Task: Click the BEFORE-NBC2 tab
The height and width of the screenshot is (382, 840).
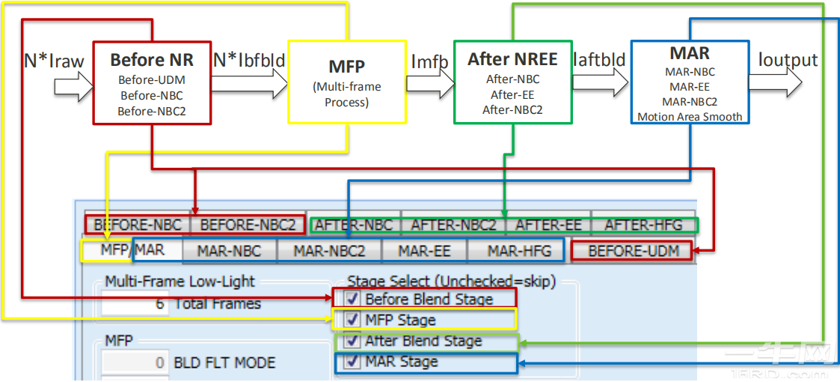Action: tap(248, 224)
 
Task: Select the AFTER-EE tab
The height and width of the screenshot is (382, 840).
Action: tap(548, 224)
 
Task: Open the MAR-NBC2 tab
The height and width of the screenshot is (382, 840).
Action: tap(329, 251)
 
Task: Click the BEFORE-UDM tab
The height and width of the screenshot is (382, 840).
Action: tap(634, 251)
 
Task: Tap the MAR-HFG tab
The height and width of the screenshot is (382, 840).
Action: tap(518, 251)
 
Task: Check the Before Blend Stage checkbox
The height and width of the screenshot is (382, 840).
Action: tap(352, 300)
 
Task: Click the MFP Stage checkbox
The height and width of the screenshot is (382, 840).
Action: tap(352, 320)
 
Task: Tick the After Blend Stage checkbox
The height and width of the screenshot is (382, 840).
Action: tap(352, 341)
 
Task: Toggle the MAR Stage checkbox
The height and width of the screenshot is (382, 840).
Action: tap(352, 362)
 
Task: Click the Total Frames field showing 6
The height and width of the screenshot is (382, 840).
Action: tap(135, 303)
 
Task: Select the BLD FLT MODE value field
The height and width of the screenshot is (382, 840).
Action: tap(135, 363)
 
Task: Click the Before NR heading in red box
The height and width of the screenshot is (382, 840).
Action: tap(152, 60)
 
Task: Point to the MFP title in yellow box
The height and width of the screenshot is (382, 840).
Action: tap(346, 67)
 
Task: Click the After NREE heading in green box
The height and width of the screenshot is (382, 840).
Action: tap(512, 58)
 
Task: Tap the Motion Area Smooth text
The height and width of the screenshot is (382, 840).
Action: tap(690, 116)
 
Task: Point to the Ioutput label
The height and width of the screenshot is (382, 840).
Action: tap(788, 60)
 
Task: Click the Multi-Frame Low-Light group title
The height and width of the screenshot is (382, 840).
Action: tap(180, 282)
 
